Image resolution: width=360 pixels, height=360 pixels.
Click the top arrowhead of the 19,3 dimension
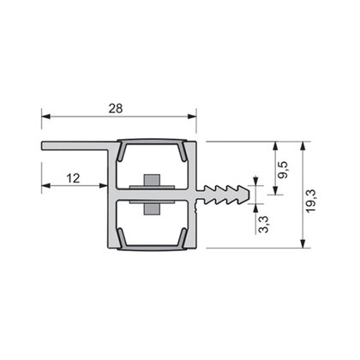click(x=303, y=144)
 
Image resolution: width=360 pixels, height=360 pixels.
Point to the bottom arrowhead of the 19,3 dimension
click(x=303, y=245)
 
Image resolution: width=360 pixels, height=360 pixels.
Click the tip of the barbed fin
click(x=255, y=193)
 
